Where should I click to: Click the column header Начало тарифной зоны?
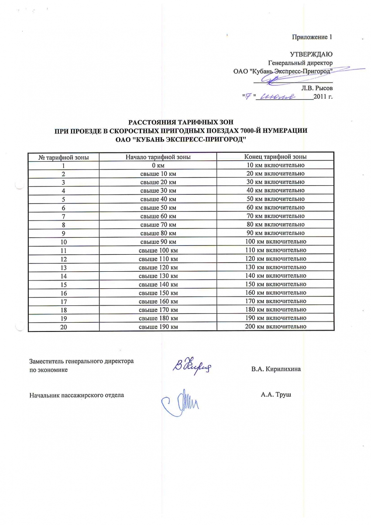158,157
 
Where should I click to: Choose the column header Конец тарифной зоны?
275,156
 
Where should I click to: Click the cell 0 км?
158,165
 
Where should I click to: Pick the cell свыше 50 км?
158,207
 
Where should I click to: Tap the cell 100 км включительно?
275,242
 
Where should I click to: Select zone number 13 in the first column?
64,267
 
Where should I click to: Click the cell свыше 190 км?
158,327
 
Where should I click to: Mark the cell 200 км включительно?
275,327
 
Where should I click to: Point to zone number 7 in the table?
64,216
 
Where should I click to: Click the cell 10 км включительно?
275,165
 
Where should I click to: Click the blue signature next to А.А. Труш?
180,399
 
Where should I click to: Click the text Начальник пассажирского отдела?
76,395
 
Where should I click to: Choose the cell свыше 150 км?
158,293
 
